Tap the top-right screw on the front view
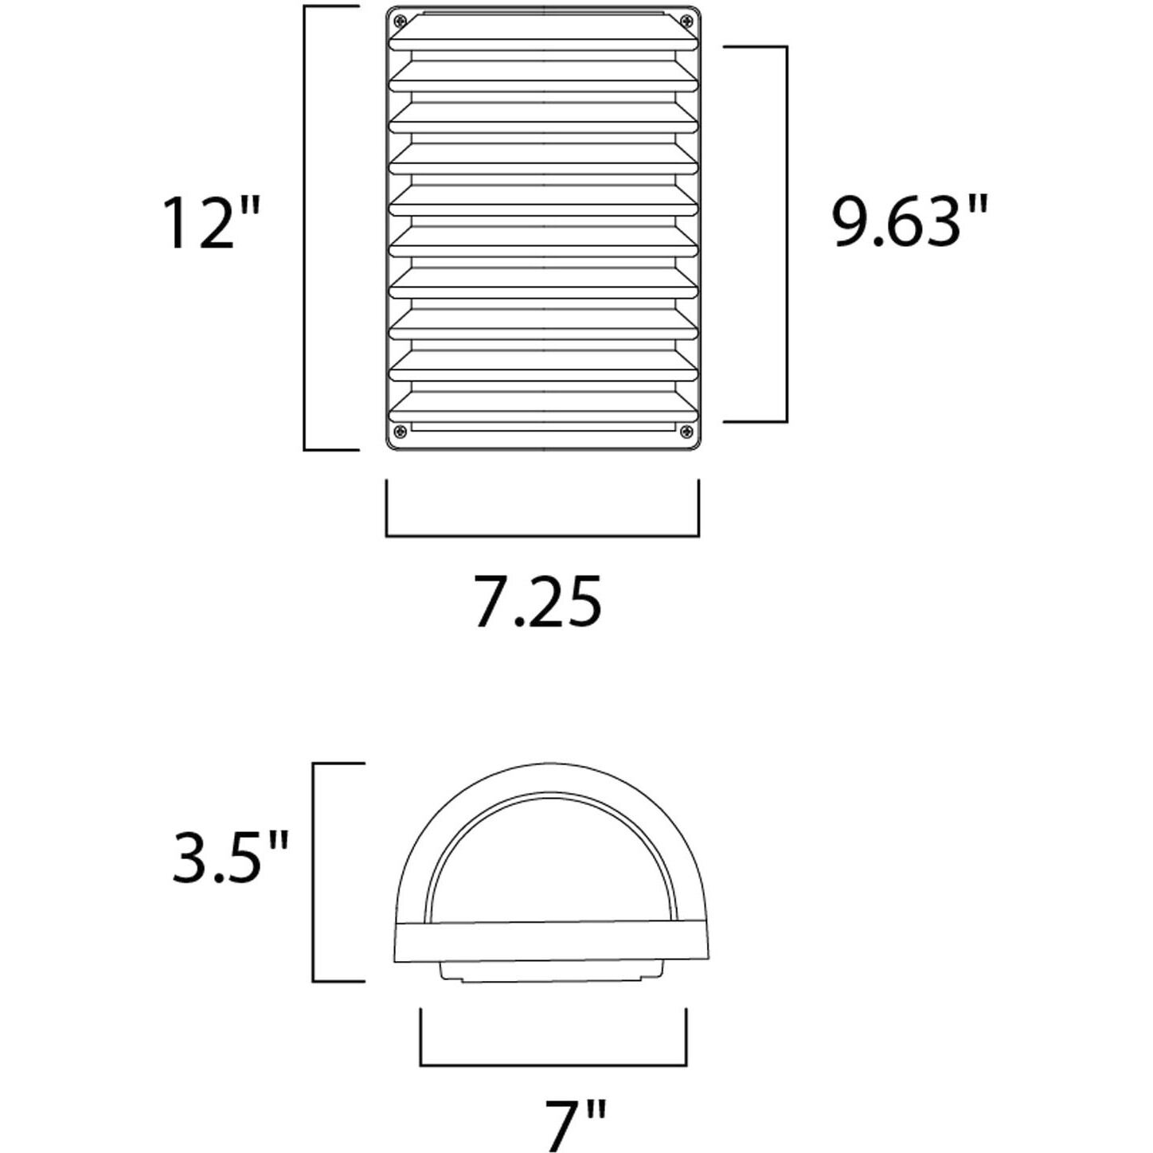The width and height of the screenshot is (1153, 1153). tap(685, 21)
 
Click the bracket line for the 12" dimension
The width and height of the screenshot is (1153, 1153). tap(306, 227)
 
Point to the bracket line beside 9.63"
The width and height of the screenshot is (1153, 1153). tap(787, 233)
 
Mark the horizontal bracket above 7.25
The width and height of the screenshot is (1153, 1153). tap(542, 536)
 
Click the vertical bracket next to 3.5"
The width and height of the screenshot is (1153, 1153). tap(314, 872)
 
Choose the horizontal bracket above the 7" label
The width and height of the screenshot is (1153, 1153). tap(553, 1065)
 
